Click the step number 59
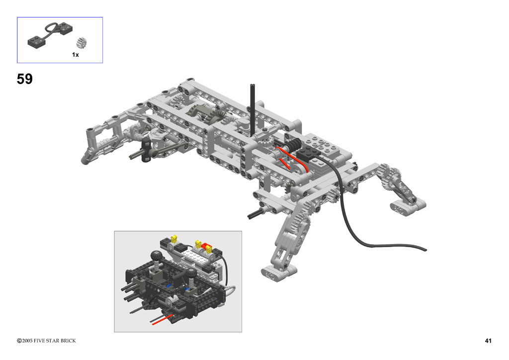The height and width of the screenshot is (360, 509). [25, 79]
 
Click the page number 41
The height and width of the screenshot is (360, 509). [488, 341]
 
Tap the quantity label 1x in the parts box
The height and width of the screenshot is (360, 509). [76, 55]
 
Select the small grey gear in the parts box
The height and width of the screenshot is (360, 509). [82, 43]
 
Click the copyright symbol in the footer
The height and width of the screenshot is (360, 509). [19, 341]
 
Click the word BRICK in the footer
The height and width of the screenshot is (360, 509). [68, 341]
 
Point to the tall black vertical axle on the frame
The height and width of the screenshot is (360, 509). [252, 110]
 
